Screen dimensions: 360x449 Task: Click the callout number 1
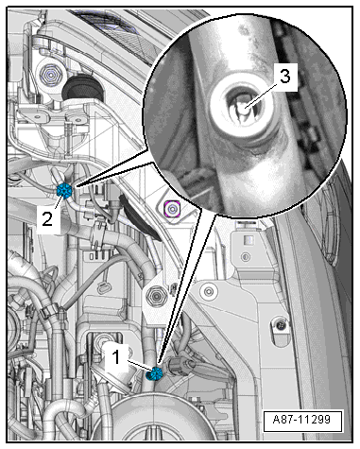pyautogui.click(x=116, y=357)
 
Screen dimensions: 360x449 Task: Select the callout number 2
pyautogui.click(x=47, y=218)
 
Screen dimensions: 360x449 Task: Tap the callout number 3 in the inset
pyautogui.click(x=284, y=77)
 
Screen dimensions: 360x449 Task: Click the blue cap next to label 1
pyautogui.click(x=155, y=373)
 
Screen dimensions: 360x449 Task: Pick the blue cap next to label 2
pyautogui.click(x=64, y=191)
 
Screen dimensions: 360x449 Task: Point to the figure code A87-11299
pyautogui.click(x=302, y=420)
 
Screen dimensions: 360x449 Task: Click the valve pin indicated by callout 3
pyautogui.click(x=243, y=109)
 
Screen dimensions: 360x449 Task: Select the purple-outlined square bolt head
pyautogui.click(x=172, y=209)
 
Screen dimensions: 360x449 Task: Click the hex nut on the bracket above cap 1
pyautogui.click(x=154, y=296)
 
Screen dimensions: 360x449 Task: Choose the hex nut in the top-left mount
pyautogui.click(x=50, y=75)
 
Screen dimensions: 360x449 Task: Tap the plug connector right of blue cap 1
pyautogui.click(x=179, y=366)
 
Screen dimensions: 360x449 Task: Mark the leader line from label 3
pyautogui.click(x=261, y=95)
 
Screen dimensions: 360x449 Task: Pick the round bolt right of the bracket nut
pyautogui.click(x=208, y=291)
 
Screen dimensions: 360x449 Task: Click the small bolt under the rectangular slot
pyautogui.click(x=246, y=256)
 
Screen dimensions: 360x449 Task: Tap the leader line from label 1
pyautogui.click(x=141, y=366)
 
